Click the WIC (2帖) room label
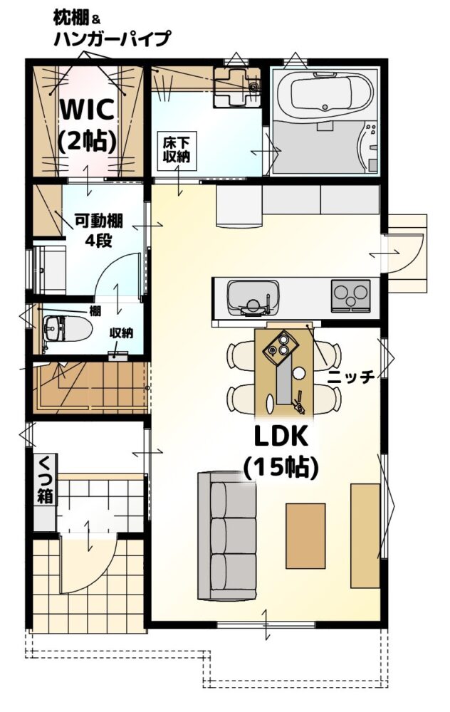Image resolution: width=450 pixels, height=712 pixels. click(x=86, y=124)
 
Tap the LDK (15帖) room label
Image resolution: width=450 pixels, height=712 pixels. click(x=281, y=452)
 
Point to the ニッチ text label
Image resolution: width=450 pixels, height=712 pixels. click(x=351, y=377)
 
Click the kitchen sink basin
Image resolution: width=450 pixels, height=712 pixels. click(x=253, y=298)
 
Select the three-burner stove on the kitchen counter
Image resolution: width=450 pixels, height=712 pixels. click(x=350, y=295)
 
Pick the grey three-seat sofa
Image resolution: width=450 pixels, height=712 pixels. click(x=226, y=536)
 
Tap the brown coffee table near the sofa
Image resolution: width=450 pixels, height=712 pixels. click(x=305, y=536)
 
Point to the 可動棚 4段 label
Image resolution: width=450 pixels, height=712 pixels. click(x=98, y=231)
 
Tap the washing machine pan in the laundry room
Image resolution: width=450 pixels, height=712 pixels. click(x=236, y=87)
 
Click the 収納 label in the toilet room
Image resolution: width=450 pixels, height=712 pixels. click(x=121, y=333)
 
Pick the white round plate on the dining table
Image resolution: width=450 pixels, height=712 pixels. click(x=298, y=373)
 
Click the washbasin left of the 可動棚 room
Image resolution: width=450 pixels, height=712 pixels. click(x=50, y=270)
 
